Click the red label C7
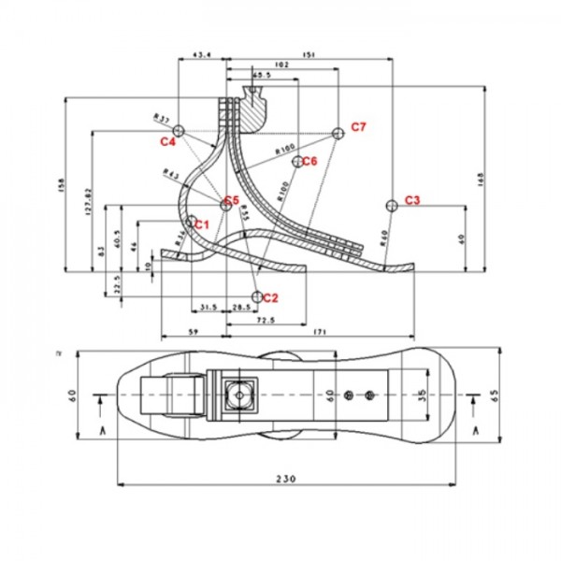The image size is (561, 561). (x=359, y=126)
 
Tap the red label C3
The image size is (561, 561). (x=412, y=201)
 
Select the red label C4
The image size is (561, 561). (x=167, y=142)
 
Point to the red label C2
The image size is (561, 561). (x=271, y=298)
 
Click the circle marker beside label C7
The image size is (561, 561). (x=339, y=132)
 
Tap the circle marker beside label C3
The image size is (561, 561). (x=391, y=204)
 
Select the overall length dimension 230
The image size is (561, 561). (x=286, y=479)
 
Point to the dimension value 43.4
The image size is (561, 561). (x=201, y=55)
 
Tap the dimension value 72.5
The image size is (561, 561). (x=265, y=320)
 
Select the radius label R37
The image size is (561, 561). (x=161, y=119)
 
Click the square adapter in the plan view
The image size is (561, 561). (x=241, y=395)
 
